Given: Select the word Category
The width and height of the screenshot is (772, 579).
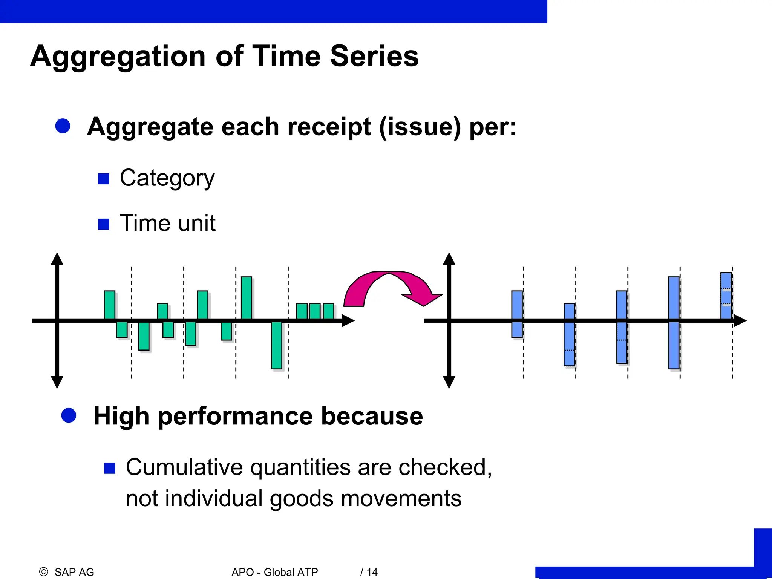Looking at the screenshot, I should point(167,178).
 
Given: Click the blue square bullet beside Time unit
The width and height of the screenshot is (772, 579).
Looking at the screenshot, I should point(103,224).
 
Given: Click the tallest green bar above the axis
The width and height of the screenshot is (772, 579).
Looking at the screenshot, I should point(246,298).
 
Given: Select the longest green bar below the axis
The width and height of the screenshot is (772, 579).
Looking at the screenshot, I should point(277,345).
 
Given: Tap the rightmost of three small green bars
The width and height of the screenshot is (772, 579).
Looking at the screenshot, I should point(328,311).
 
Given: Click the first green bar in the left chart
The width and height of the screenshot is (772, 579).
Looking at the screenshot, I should point(110,305).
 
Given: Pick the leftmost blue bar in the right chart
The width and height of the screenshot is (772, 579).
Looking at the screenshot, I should point(517,314).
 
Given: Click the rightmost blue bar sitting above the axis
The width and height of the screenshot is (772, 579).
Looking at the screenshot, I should point(726,296).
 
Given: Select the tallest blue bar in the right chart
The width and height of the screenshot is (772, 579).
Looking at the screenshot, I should point(674,323).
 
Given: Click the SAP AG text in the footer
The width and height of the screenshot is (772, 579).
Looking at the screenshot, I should point(74,572).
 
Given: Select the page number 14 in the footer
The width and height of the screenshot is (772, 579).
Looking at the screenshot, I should point(372,572).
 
